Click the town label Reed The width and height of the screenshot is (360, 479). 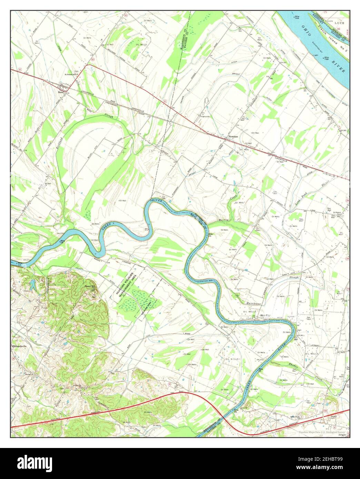[x=61, y=92]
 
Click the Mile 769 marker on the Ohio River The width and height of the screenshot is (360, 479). [x=296, y=17]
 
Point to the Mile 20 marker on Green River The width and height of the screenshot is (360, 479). [x=210, y=234]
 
